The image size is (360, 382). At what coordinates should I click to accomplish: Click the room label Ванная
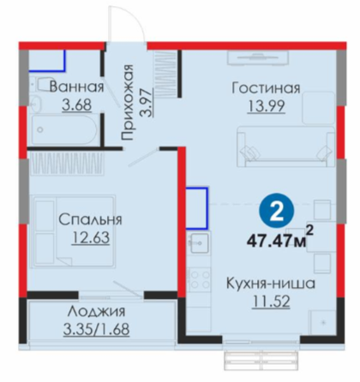(76, 87)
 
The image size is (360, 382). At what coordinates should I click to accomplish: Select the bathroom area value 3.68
(77, 104)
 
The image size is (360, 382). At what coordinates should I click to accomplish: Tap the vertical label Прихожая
(127, 103)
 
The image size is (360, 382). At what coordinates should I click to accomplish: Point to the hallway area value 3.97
(146, 102)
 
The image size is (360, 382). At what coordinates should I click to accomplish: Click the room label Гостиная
(266, 88)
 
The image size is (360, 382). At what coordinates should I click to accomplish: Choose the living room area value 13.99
(266, 106)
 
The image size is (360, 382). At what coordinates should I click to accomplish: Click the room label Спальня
(90, 219)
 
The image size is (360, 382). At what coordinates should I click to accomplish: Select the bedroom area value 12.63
(91, 238)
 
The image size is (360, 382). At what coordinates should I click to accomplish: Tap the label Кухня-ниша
(271, 284)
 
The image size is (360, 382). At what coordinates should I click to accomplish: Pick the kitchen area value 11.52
(271, 301)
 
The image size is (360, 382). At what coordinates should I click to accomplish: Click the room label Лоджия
(96, 311)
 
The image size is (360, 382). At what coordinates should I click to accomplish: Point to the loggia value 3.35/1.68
(96, 329)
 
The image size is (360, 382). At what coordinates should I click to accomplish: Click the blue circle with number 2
(276, 212)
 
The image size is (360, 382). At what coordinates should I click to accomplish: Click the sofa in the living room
(285, 146)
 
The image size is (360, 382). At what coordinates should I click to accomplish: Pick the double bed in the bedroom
(74, 231)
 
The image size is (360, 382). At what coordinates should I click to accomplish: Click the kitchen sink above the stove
(199, 243)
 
